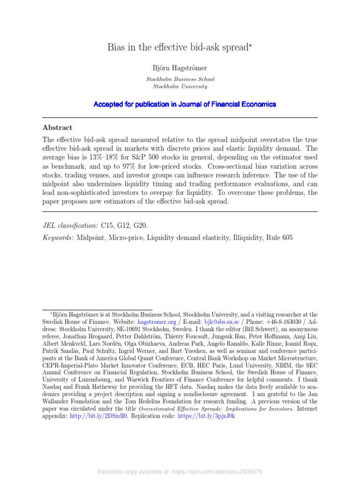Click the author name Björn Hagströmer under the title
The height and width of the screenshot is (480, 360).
pyautogui.click(x=180, y=68)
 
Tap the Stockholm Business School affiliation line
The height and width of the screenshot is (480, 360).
pyautogui.click(x=180, y=79)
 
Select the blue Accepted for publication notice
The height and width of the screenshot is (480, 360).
pyautogui.click(x=185, y=104)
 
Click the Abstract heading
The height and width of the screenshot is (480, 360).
pyautogui.click(x=58, y=127)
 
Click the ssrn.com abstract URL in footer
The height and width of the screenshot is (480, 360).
pyautogui.click(x=220, y=472)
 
